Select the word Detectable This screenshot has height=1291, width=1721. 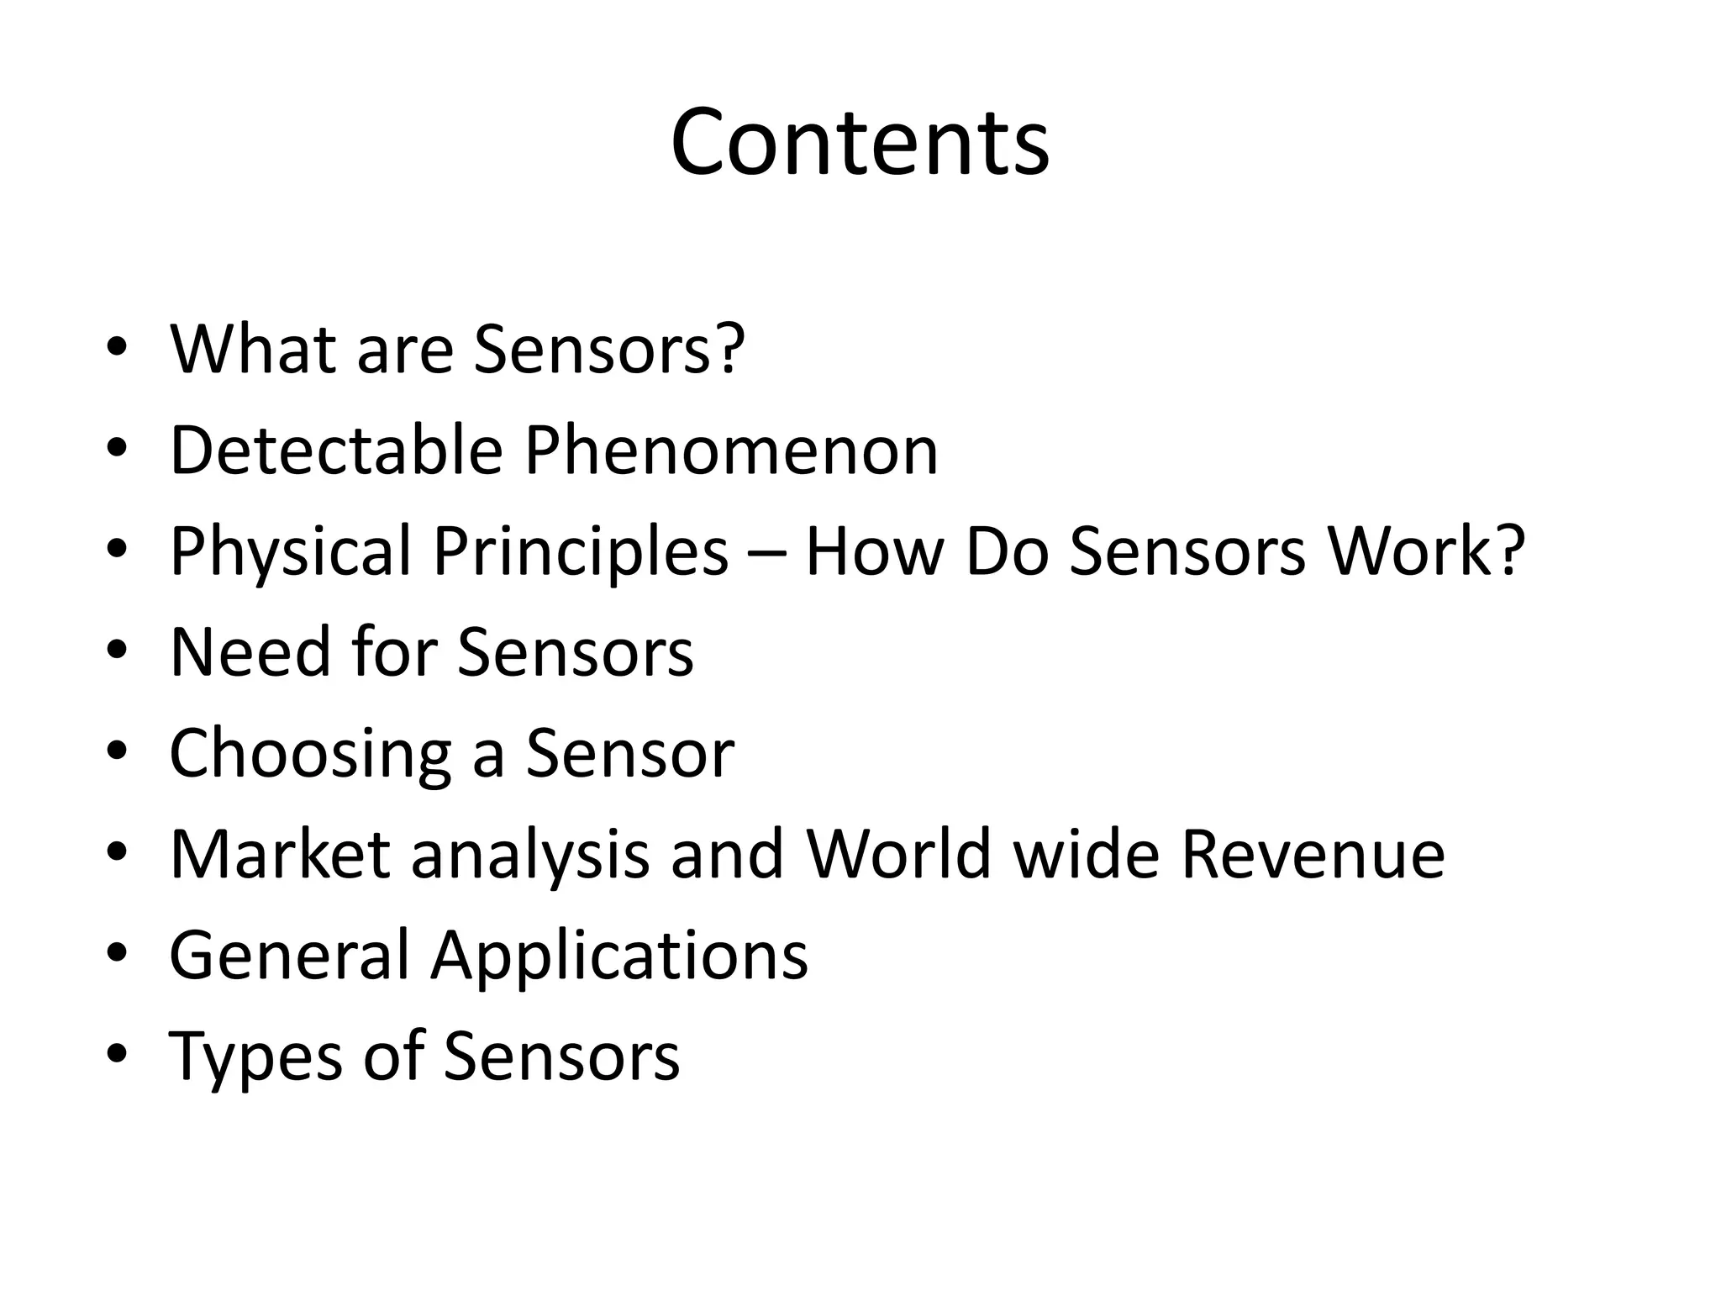(335, 451)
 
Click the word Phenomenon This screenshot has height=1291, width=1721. (731, 451)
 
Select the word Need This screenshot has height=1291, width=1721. (250, 651)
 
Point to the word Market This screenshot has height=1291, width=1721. (280, 854)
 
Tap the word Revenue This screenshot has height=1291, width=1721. (1313, 854)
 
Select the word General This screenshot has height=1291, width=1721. (289, 955)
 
